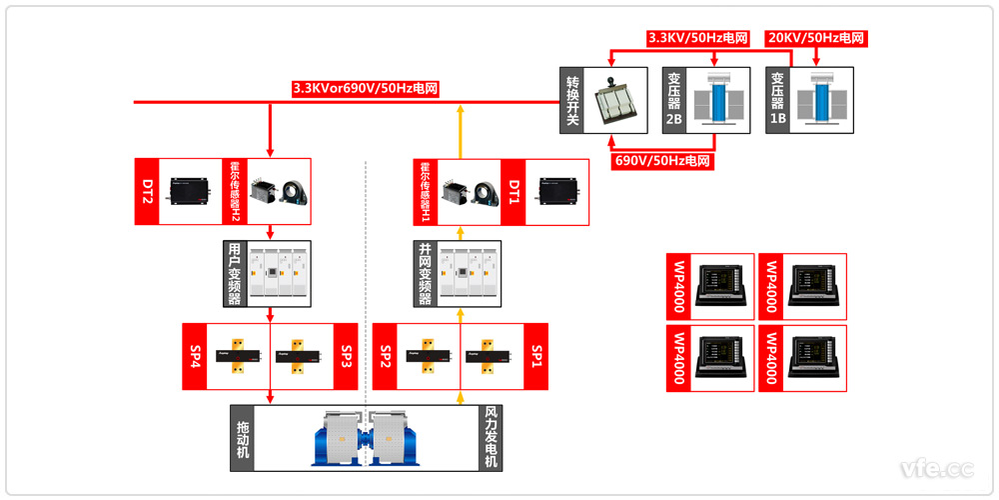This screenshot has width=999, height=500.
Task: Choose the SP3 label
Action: pos(347,356)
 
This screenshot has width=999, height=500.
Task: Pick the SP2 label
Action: pos(385,356)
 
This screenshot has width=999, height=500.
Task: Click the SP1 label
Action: pos(535,356)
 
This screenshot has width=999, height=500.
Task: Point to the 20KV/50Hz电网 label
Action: pos(815,38)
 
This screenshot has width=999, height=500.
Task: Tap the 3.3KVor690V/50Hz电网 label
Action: pos(366,88)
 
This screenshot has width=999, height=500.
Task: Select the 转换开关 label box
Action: pos(572,100)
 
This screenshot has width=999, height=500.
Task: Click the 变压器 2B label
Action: pos(674,100)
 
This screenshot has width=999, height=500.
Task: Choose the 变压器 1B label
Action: pos(777,100)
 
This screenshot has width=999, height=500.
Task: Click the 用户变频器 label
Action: pos(234,273)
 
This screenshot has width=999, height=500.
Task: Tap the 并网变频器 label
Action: pos(426,273)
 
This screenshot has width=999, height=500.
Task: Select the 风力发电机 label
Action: pos(491,437)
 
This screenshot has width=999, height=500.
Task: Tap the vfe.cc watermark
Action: pos(936,467)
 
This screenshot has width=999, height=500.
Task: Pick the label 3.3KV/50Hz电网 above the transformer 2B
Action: pos(698,38)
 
